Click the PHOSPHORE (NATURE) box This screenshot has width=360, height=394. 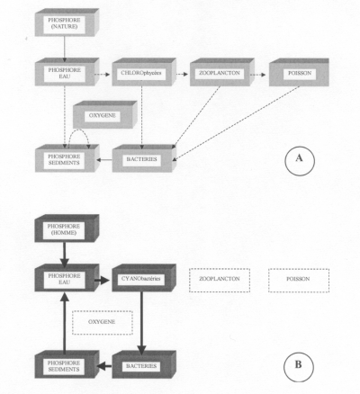67,22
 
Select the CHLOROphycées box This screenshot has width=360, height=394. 144,72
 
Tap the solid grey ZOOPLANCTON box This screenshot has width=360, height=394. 222,72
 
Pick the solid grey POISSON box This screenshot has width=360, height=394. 299,72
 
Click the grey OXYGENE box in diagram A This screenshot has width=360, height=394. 105,115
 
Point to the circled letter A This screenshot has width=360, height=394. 300,160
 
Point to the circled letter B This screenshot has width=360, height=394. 299,365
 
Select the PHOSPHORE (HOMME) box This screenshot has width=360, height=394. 67,228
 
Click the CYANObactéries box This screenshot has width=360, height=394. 144,278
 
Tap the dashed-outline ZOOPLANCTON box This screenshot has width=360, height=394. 220,280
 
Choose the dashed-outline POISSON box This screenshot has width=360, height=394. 299,280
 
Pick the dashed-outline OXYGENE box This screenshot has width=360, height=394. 103,323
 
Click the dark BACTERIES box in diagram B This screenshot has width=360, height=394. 144,364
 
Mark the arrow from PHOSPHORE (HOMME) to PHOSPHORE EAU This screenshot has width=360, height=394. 64,255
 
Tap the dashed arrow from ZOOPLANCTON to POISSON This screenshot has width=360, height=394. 258,75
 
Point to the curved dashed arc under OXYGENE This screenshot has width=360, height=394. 78,130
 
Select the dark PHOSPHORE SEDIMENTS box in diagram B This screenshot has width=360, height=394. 67,364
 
